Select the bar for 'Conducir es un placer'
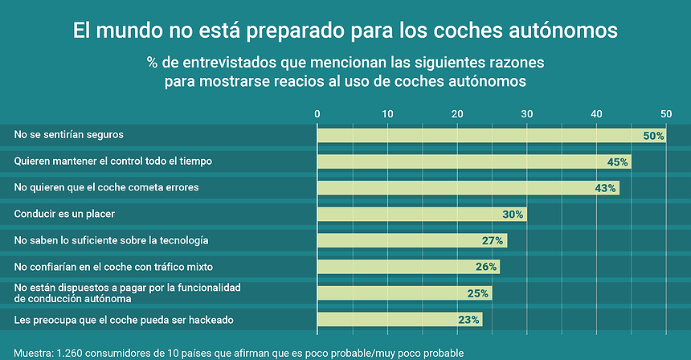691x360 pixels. click(422, 215)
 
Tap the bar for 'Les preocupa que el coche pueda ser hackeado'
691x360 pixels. click(399, 320)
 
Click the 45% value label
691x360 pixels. click(617, 162)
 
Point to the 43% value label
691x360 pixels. click(605, 188)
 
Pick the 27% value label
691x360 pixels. click(493, 240)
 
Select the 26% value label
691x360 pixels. click(485, 267)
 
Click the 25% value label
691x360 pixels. click(478, 293)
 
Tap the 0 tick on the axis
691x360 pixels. click(317, 114)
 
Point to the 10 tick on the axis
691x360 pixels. click(387, 114)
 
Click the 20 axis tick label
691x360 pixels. click(457, 114)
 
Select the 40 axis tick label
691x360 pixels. click(596, 114)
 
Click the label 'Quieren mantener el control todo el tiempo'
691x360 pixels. click(113, 161)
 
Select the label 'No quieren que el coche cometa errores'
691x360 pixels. click(106, 187)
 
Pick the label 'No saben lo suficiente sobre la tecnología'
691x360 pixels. click(112, 240)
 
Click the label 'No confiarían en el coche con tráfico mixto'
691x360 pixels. click(113, 266)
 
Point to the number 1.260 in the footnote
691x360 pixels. click(69, 353)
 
